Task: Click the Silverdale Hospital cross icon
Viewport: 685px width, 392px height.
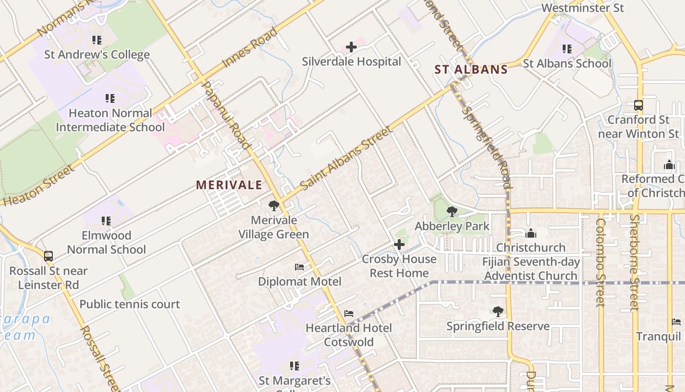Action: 351,47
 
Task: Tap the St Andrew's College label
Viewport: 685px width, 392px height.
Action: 97,54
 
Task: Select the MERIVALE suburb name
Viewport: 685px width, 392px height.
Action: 229,185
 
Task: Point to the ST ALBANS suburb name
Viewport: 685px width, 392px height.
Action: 471,70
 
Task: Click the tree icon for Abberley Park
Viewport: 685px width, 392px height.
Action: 452,212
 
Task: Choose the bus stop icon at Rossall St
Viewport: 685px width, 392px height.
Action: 48,256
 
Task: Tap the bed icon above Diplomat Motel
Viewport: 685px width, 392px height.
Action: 299,267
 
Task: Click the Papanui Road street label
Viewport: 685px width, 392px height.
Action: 226,115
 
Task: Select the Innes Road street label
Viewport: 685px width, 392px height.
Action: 250,48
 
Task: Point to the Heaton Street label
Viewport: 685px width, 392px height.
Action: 38,185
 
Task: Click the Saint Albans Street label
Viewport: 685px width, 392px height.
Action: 346,158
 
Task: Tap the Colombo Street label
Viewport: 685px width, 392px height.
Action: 600,262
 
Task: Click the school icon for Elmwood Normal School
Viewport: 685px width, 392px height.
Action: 106,221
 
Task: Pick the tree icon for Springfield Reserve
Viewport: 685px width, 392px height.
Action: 498,311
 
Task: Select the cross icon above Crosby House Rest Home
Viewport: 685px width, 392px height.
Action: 399,244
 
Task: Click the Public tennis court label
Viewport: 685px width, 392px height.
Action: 130,304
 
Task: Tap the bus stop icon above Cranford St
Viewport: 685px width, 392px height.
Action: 638,105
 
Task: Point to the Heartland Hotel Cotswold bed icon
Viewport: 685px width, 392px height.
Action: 348,313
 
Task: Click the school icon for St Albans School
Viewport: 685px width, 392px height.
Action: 567,49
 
